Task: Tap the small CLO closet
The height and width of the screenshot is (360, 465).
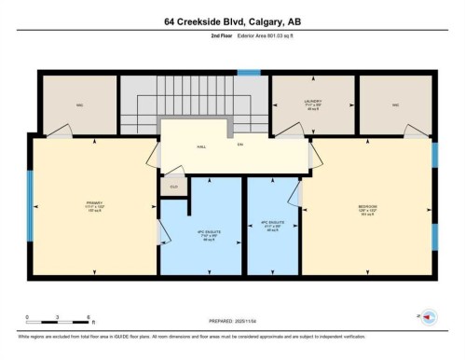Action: click(x=171, y=187)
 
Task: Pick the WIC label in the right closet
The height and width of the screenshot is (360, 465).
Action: click(x=395, y=104)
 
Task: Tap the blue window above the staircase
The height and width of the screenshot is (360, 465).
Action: click(x=248, y=72)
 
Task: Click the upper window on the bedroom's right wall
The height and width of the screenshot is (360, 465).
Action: click(x=433, y=153)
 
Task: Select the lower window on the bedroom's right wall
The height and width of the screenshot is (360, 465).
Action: click(x=433, y=238)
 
